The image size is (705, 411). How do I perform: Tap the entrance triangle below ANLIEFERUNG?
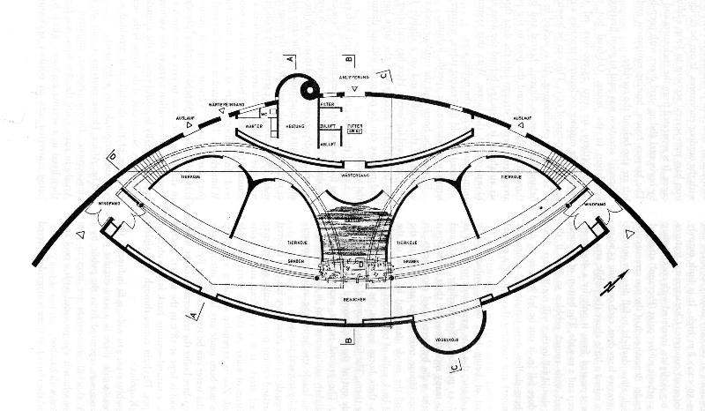click(x=354, y=90)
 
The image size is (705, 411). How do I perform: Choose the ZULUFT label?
click(x=328, y=127)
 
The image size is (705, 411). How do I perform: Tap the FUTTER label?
click(x=356, y=127)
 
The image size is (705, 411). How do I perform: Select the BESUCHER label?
click(x=354, y=301)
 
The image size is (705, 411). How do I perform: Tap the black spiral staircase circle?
click(x=309, y=89)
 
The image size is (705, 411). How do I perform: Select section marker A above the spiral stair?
click(x=288, y=58)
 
